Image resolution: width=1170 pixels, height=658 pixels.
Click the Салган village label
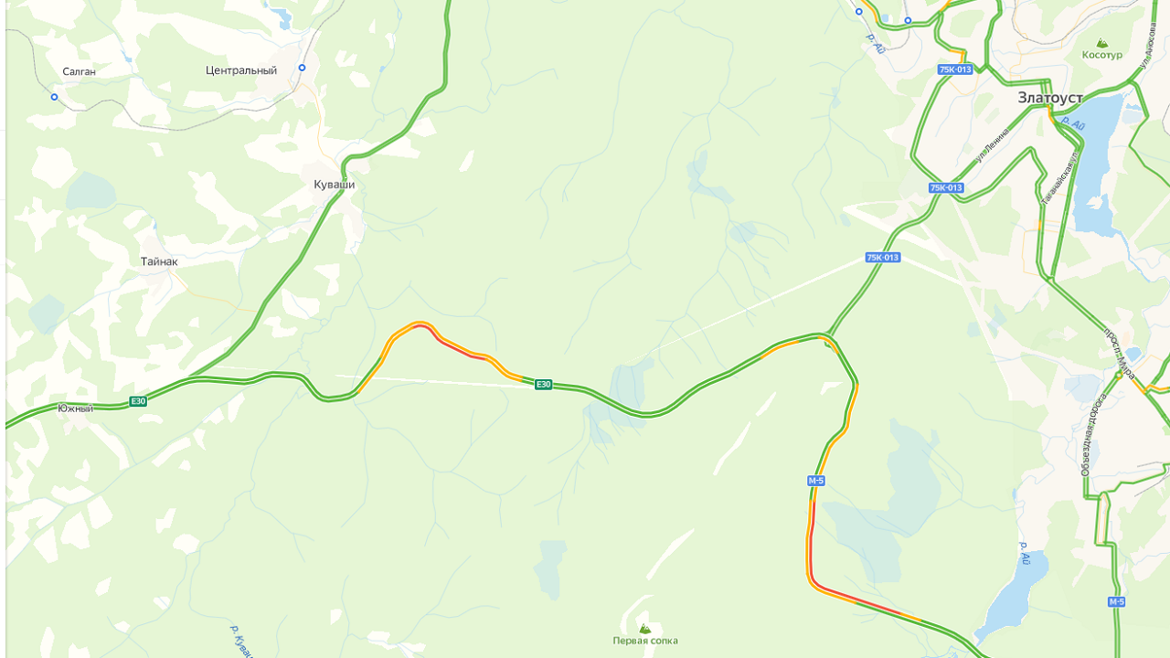(x=79, y=71)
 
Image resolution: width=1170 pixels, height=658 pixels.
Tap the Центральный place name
(x=241, y=70)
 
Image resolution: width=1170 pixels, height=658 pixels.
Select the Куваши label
(x=334, y=185)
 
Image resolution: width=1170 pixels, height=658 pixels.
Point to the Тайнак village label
(x=159, y=261)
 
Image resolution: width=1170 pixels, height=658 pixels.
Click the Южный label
(x=75, y=409)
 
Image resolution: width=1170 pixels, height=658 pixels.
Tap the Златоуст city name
(x=1050, y=98)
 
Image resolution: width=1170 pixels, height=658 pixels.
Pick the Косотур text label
(x=1101, y=55)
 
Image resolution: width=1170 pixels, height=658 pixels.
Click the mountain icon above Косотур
(x=1101, y=42)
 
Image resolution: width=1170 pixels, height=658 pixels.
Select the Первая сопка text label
(x=645, y=641)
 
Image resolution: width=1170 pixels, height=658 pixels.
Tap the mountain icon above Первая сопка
(x=645, y=629)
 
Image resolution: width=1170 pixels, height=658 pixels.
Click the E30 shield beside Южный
(x=138, y=401)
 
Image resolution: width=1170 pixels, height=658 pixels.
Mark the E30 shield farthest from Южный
(x=544, y=385)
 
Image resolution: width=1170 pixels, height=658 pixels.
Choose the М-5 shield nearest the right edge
(x=1116, y=601)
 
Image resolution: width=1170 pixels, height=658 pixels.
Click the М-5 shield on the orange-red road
(x=816, y=481)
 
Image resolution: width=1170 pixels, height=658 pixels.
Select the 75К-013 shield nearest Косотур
(x=954, y=69)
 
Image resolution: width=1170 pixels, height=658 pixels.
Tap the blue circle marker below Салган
(x=54, y=97)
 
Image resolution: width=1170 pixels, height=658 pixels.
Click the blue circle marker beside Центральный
(x=302, y=68)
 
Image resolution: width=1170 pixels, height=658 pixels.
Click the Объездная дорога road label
(x=1092, y=434)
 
